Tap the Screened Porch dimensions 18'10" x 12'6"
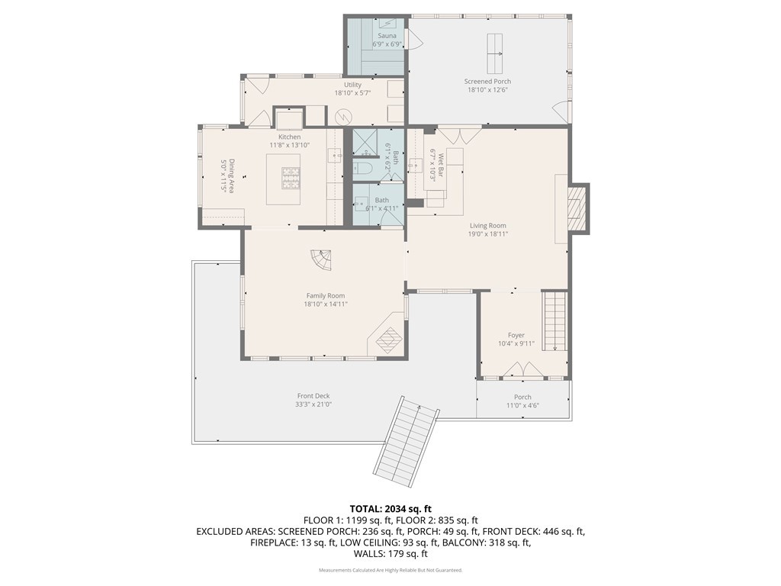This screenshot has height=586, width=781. click(487, 90)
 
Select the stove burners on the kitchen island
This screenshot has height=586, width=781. click(291, 178)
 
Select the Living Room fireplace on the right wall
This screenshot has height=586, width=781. click(580, 207)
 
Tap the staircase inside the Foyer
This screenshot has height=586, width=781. click(554, 321)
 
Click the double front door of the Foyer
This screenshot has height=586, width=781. click(523, 371)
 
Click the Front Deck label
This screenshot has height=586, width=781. click(313, 396)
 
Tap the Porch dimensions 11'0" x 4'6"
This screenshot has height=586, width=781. click(522, 406)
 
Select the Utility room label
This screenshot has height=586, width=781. click(352, 85)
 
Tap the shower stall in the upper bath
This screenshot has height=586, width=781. click(365, 142)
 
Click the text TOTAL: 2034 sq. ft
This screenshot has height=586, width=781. click(390, 508)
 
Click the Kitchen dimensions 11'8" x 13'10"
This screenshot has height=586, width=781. click(290, 145)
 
